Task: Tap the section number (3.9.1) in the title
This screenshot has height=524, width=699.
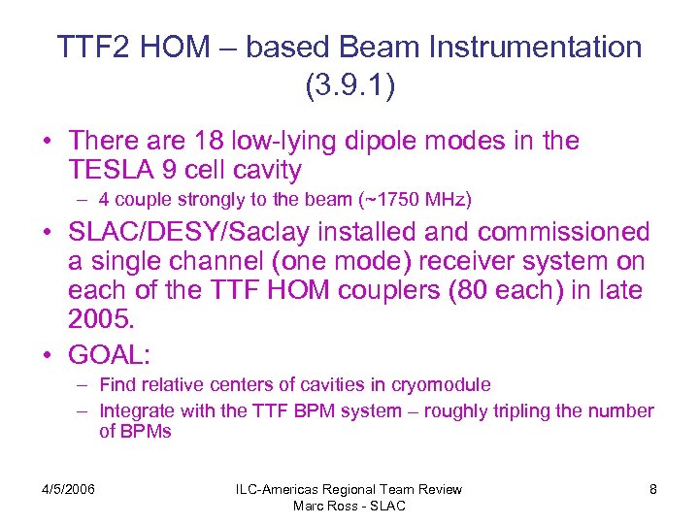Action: (349, 86)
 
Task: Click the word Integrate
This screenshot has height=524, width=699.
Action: (139, 410)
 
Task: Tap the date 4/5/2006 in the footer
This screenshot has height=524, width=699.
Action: (67, 489)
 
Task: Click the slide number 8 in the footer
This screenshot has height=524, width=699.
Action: (652, 489)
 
